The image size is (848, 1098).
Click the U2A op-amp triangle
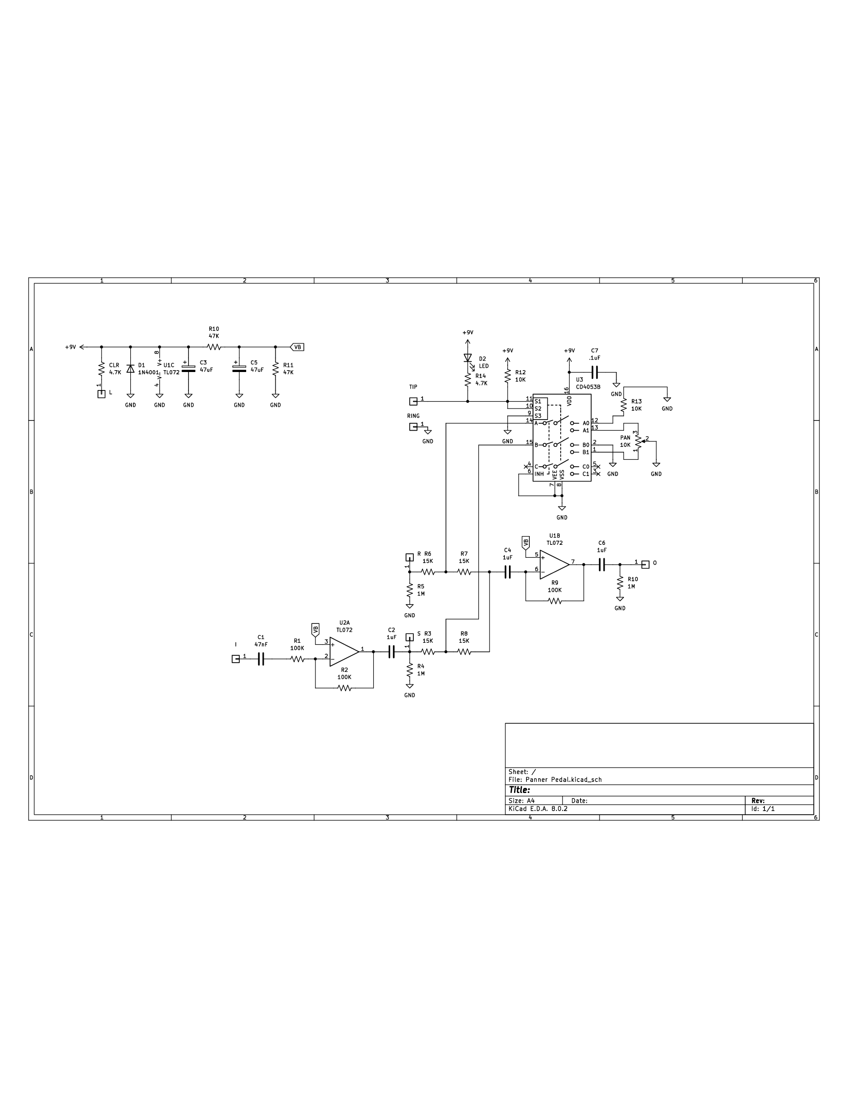pyautogui.click(x=344, y=652)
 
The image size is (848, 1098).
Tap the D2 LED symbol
pyautogui.click(x=468, y=358)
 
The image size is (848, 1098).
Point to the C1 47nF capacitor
pyautogui.click(x=261, y=659)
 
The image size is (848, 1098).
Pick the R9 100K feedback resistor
pyautogui.click(x=555, y=601)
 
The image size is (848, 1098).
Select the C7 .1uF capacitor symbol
pyautogui.click(x=594, y=372)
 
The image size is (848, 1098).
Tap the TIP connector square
pyautogui.click(x=413, y=401)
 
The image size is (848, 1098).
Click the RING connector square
pyautogui.click(x=413, y=427)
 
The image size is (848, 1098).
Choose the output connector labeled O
pyautogui.click(x=646, y=565)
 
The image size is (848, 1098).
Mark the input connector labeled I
pyautogui.click(x=236, y=659)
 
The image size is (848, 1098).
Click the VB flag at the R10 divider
pyautogui.click(x=297, y=347)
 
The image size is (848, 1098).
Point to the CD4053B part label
pyautogui.click(x=588, y=387)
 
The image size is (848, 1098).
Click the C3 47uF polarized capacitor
pyautogui.click(x=188, y=368)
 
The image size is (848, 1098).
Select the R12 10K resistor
pyautogui.click(x=508, y=376)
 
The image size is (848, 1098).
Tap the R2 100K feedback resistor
pyautogui.click(x=344, y=688)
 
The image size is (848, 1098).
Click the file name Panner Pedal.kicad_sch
pyautogui.click(x=563, y=780)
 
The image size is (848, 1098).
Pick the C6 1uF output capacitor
pyautogui.click(x=601, y=565)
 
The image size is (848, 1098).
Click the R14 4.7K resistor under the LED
pyautogui.click(x=468, y=379)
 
